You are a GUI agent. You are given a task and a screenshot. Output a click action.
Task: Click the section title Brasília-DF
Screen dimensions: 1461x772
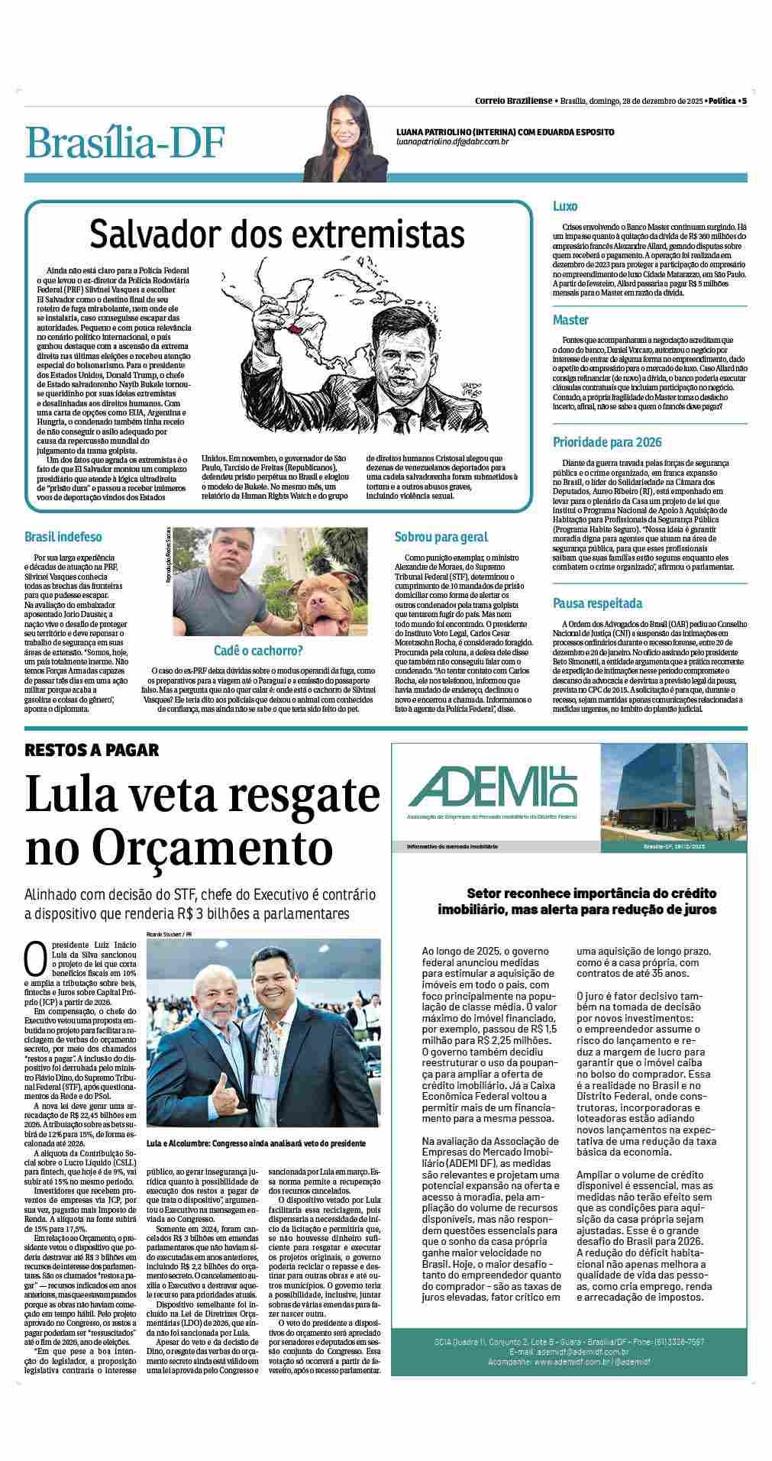click(x=126, y=142)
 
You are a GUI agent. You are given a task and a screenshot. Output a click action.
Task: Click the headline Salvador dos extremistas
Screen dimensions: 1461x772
click(x=276, y=233)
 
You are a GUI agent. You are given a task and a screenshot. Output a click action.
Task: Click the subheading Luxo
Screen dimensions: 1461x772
click(x=565, y=206)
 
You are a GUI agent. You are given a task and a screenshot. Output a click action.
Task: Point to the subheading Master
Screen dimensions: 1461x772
click(x=570, y=319)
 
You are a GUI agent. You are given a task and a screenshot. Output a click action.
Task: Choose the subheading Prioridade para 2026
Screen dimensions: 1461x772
click(x=607, y=442)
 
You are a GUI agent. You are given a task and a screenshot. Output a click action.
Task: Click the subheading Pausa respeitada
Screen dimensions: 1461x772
click(x=597, y=603)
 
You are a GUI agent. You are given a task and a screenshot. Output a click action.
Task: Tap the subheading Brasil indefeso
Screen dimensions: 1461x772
click(x=63, y=537)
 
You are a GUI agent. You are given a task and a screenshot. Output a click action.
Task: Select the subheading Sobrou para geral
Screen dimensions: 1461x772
click(x=441, y=537)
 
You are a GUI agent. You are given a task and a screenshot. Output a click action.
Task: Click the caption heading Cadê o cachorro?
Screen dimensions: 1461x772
click(x=258, y=651)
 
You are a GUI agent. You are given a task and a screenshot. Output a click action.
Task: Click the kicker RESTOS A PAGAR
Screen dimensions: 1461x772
click(x=92, y=749)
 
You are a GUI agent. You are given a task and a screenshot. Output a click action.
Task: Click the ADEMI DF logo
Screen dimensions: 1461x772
click(x=493, y=787)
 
